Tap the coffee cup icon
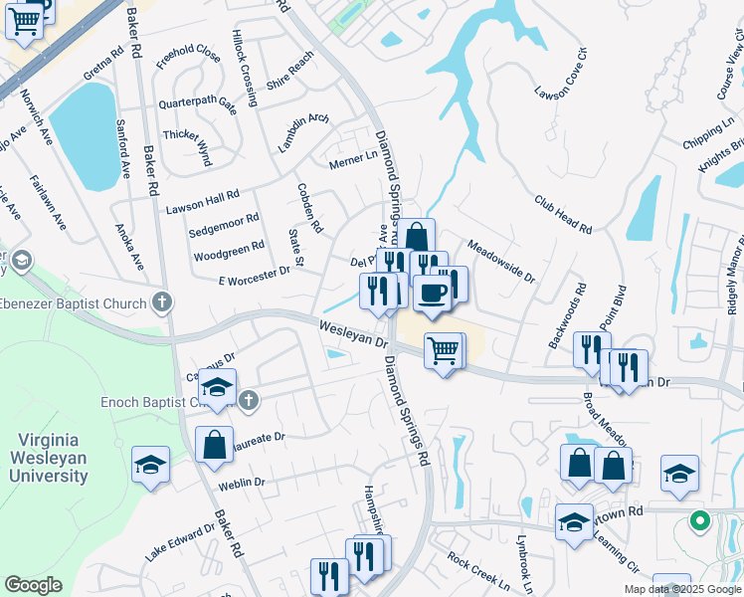coord(432,291)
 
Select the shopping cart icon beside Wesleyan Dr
coord(443,349)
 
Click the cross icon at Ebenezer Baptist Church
coord(163,301)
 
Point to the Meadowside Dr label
coord(501,262)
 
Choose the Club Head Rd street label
coord(562,213)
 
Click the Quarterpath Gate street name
coord(197,102)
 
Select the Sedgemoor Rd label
coord(224,224)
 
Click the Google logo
coord(33,585)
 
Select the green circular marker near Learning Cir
coord(699,520)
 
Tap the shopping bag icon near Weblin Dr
coord(214,444)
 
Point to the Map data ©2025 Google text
coord(681,589)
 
